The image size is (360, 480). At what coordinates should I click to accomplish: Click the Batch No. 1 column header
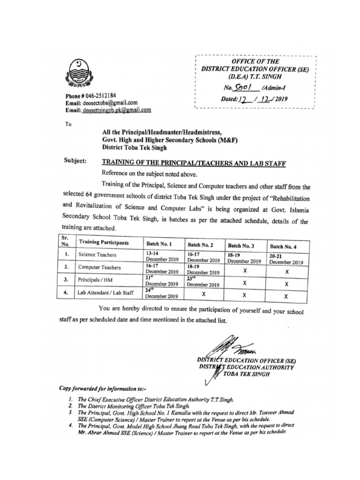[x=159, y=244]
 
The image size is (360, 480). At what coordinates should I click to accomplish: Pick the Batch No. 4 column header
[x=285, y=246]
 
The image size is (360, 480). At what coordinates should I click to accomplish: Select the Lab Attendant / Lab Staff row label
[x=105, y=293]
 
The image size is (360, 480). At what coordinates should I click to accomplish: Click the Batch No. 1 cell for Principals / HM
[x=162, y=280]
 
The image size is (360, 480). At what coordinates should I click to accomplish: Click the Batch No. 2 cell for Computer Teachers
[x=203, y=269]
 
